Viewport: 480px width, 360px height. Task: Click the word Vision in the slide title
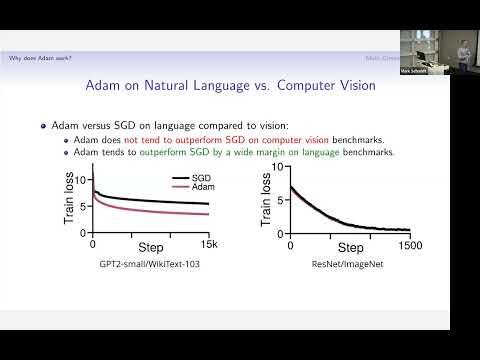[x=353, y=86]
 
